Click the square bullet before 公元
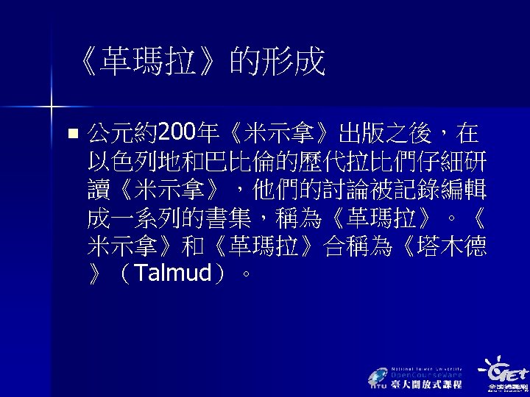point(71,135)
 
